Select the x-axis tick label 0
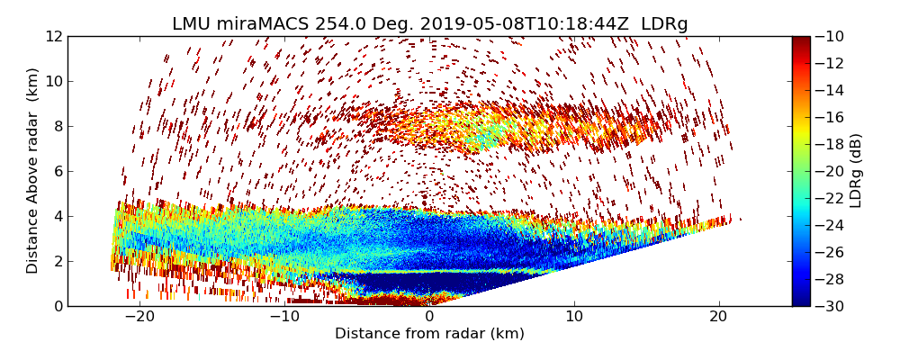pyautogui.click(x=429, y=317)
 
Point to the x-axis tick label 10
pyautogui.click(x=574, y=317)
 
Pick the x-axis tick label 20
pyautogui.click(x=718, y=317)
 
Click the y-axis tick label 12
pyautogui.click(x=53, y=36)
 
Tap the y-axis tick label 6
pyautogui.click(x=57, y=171)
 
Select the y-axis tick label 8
pyautogui.click(x=57, y=126)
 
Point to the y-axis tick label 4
pyautogui.click(x=57, y=216)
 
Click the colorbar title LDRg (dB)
pyautogui.click(x=856, y=171)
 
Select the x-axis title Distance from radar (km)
pyautogui.click(x=429, y=334)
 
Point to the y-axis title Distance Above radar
pyautogui.click(x=32, y=171)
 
